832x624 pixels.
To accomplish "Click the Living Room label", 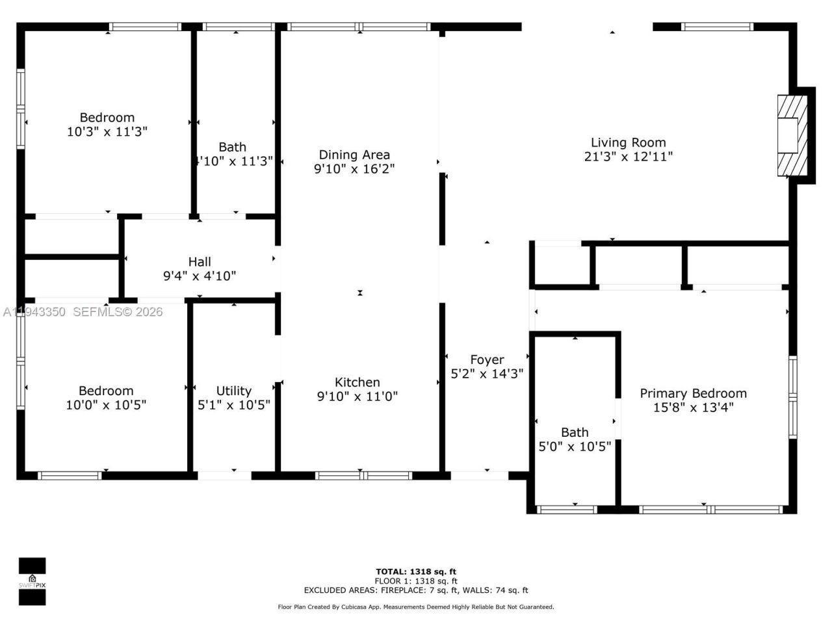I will pyautogui.click(x=628, y=142).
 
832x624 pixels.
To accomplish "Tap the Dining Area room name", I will pyautogui.click(x=354, y=155).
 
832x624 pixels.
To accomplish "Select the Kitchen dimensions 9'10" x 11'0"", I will pyautogui.click(x=357, y=396).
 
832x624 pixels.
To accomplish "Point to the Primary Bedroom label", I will pyautogui.click(x=693, y=393).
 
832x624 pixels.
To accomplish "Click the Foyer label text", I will pyautogui.click(x=487, y=359).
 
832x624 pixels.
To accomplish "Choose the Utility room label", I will pyautogui.click(x=233, y=391).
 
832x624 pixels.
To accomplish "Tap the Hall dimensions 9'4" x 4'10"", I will pyautogui.click(x=199, y=276).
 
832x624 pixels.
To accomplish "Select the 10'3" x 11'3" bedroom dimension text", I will pyautogui.click(x=107, y=131).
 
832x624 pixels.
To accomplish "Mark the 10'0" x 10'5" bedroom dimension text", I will pyautogui.click(x=106, y=405).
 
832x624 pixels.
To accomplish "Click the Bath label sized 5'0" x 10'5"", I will pyautogui.click(x=575, y=432).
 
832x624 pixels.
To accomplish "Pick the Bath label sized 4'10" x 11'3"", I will pyautogui.click(x=232, y=147).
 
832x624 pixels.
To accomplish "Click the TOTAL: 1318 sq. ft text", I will pyautogui.click(x=416, y=572).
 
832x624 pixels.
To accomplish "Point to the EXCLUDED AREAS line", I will pyautogui.click(x=416, y=590).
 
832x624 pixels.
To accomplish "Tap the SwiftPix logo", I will pyautogui.click(x=32, y=581).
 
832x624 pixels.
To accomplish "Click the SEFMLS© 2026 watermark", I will pyautogui.click(x=117, y=312).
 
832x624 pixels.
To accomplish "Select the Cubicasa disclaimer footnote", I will pyautogui.click(x=416, y=607).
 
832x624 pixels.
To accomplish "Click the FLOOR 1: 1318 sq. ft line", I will pyautogui.click(x=416, y=581).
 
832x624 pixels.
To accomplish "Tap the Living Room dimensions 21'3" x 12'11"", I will pyautogui.click(x=628, y=157).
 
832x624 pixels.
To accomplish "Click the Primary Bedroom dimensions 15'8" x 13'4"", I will pyautogui.click(x=693, y=408).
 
